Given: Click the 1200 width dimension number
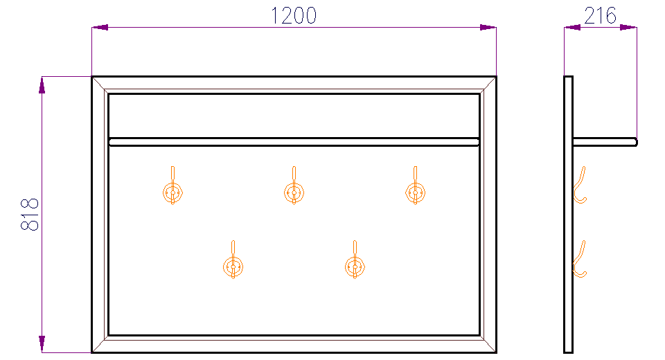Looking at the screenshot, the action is point(294,16).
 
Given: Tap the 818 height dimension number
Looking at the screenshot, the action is point(30,214).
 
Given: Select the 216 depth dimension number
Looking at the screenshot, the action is point(600,16).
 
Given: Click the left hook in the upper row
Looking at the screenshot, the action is point(172,186).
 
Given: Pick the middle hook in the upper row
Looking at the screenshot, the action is point(294,186).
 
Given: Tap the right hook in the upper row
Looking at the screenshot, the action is point(415,186).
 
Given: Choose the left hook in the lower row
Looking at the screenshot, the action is point(233,260).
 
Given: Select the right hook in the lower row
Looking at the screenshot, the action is point(355,260).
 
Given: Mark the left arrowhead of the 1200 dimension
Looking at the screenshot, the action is point(100,28).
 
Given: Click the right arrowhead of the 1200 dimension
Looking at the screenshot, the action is point(488,28).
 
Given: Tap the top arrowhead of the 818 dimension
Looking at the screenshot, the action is point(42,84).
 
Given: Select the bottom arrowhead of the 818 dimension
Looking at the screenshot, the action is point(42,344).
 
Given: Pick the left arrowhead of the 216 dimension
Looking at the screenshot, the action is point(572,28).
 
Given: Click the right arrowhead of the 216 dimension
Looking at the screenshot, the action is point(628,28).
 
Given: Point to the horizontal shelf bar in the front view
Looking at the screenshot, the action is point(294,142).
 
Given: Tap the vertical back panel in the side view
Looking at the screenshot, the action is point(568,215).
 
